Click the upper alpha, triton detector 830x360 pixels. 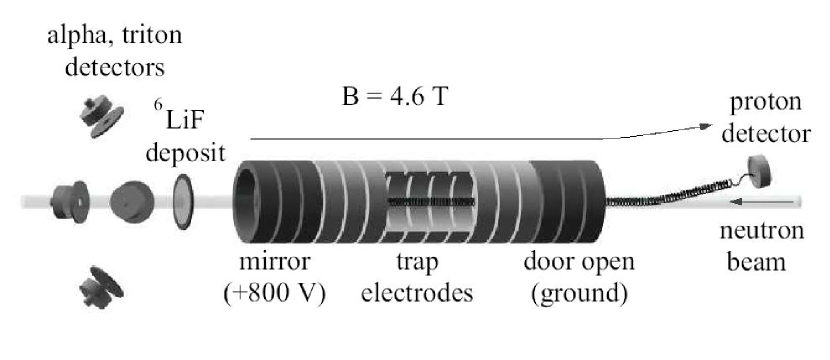[100, 115]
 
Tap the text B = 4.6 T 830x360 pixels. [393, 102]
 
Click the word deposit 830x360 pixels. [185, 153]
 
